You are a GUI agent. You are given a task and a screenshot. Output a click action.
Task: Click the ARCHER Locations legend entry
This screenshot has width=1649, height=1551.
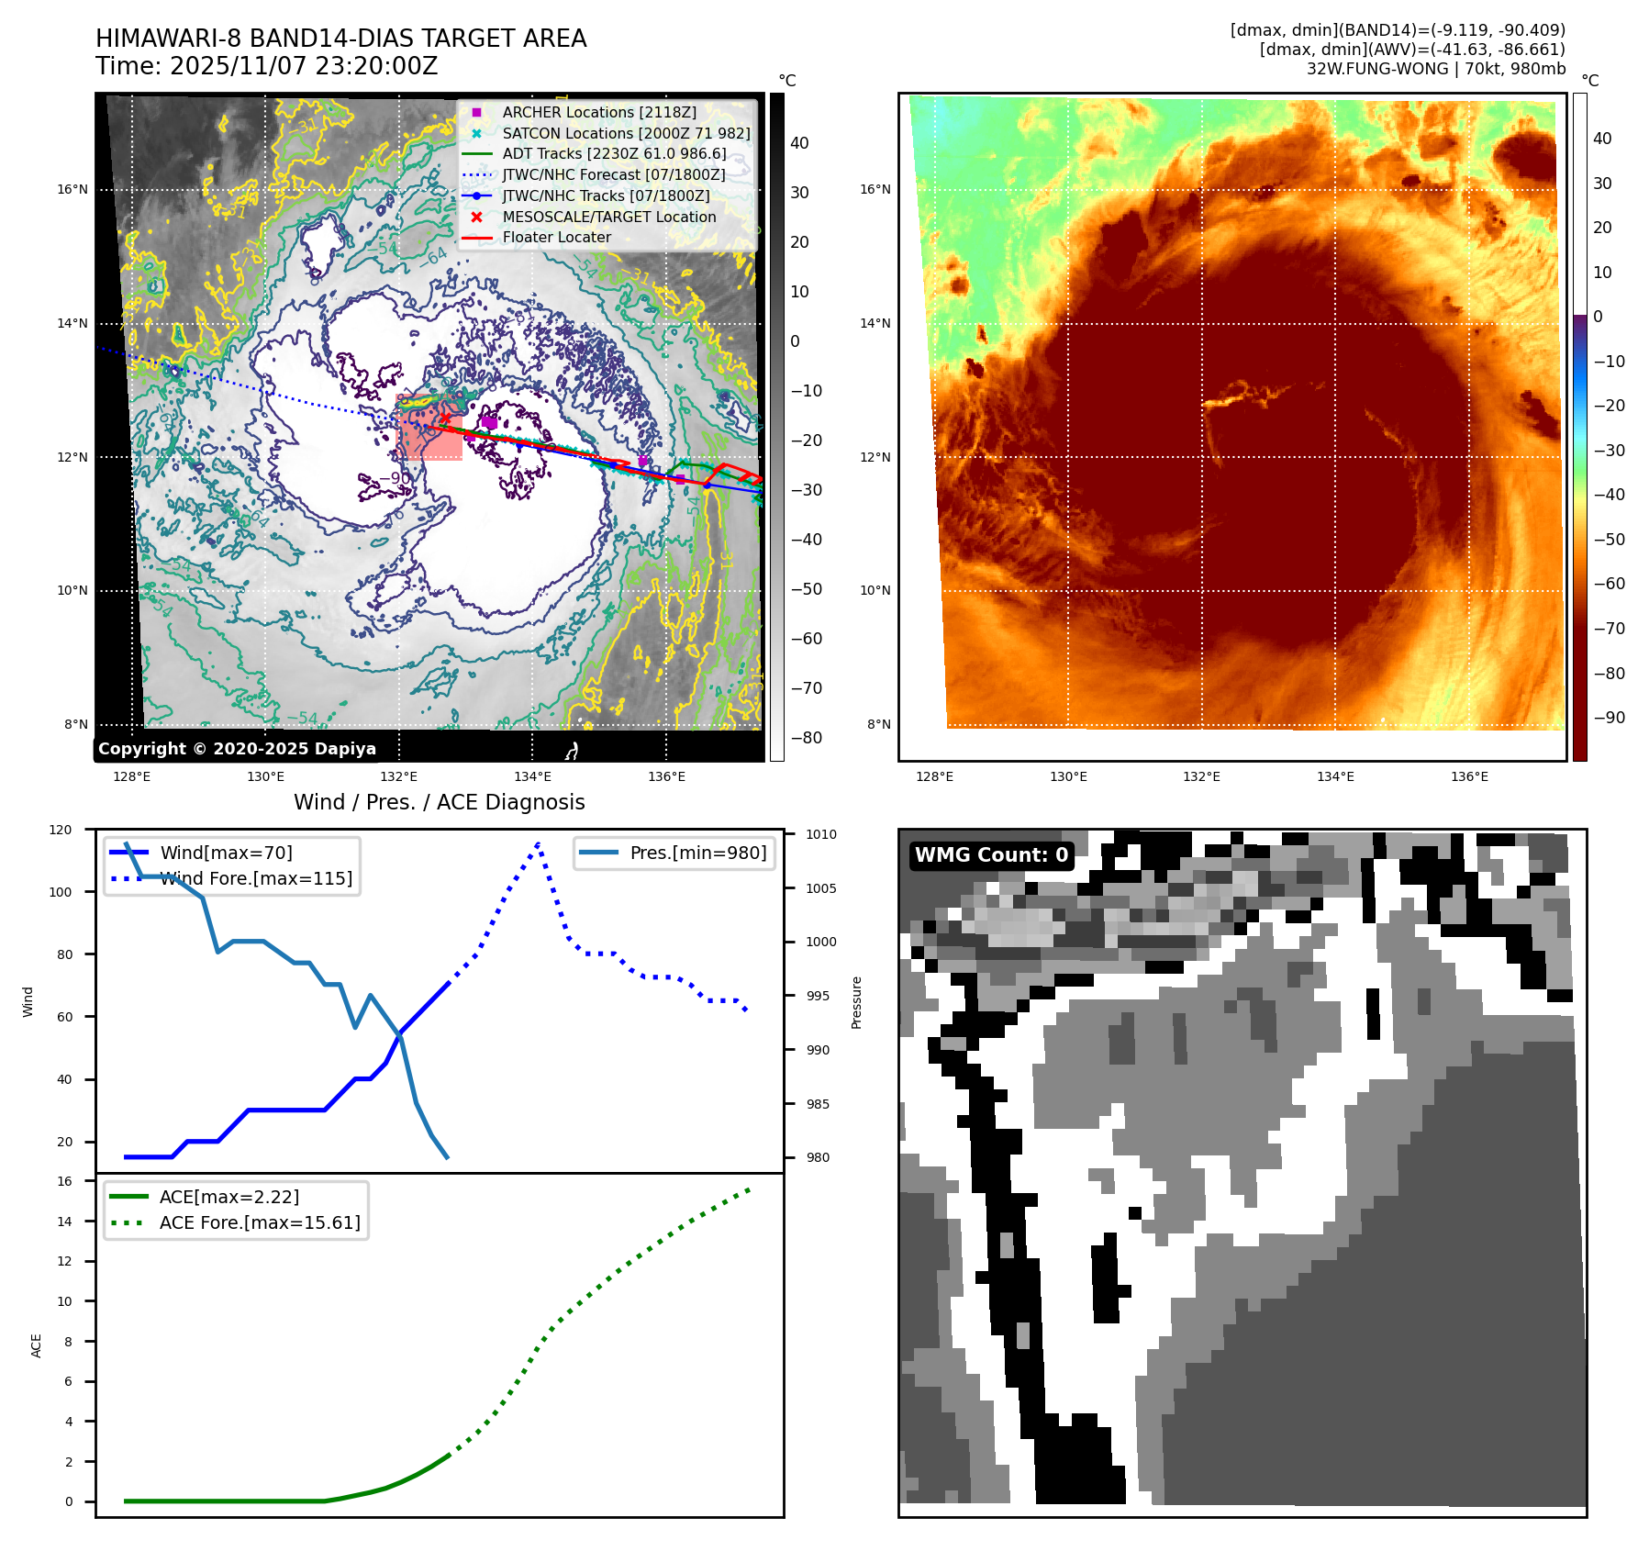[x=599, y=112]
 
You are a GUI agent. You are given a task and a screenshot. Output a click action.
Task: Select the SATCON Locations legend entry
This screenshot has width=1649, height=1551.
[x=626, y=133]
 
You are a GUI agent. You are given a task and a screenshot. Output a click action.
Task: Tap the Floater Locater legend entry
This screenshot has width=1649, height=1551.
[x=556, y=237]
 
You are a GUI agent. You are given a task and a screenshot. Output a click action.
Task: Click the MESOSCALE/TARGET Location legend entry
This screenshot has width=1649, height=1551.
[x=609, y=217]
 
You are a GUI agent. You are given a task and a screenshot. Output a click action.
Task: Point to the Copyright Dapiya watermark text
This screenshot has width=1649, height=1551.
[x=237, y=748]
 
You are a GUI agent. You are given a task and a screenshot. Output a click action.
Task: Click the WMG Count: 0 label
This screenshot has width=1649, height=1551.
[x=991, y=854]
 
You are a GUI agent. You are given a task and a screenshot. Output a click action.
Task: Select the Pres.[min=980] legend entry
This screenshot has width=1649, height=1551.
[x=697, y=853]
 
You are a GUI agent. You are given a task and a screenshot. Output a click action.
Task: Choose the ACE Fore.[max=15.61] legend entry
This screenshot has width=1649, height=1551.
[x=260, y=1222]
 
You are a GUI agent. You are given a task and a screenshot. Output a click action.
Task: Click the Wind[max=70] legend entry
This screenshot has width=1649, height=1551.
[x=226, y=853]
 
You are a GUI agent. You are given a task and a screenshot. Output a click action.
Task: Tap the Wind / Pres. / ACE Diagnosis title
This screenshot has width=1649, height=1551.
[x=439, y=802]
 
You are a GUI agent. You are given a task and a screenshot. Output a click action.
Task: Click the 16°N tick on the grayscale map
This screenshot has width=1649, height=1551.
[x=72, y=190]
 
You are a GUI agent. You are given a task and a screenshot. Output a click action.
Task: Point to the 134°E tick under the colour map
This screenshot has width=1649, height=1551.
[x=1335, y=776]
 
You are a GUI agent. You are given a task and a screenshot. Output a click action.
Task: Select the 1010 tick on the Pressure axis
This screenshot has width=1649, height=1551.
[x=821, y=834]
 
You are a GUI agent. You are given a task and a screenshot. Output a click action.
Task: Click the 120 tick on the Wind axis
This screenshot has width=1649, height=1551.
[x=61, y=830]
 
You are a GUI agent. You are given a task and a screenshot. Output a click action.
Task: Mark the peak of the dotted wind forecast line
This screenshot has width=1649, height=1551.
[x=538, y=842]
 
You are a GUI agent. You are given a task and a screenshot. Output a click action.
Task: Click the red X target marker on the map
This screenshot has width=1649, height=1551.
[x=446, y=418]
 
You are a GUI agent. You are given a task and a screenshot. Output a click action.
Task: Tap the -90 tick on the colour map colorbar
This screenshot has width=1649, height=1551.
[x=1609, y=718]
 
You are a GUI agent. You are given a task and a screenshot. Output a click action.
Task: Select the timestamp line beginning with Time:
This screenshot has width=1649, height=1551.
[x=267, y=66]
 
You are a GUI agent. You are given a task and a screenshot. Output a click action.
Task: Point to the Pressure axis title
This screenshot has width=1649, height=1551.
[x=856, y=1002]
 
